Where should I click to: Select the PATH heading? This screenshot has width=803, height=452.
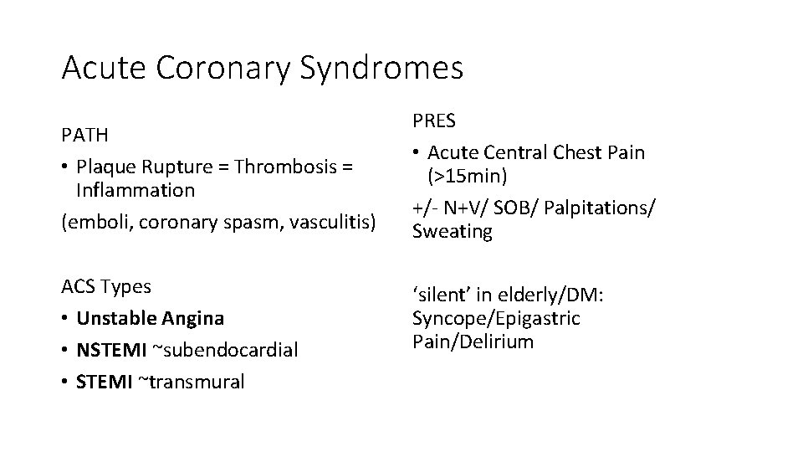[x=84, y=135]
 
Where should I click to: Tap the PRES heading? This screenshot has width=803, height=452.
[x=434, y=121]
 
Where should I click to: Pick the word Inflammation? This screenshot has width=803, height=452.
[x=135, y=190]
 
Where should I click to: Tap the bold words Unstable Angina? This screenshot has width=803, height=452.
[x=151, y=318]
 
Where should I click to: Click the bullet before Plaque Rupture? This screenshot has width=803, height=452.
[x=66, y=167]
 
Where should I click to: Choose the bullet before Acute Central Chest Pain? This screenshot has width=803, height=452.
[x=417, y=153]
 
